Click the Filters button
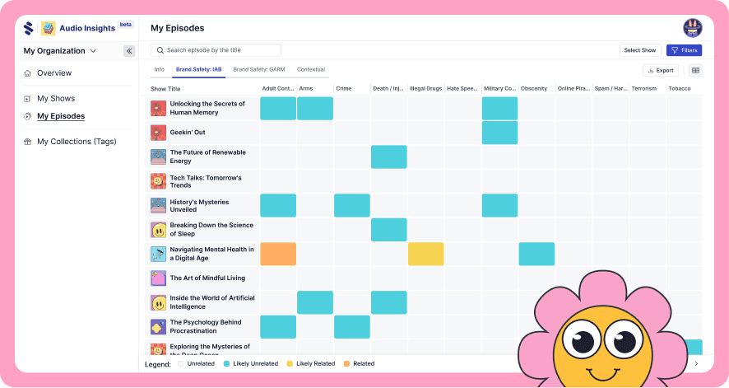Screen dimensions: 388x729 point(684,50)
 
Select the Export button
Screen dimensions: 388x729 point(661,71)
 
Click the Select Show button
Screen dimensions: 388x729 point(639,50)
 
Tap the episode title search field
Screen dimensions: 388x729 point(216,50)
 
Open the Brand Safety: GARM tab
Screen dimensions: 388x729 point(258,70)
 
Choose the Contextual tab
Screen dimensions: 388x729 point(311,70)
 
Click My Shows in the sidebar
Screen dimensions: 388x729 point(56,99)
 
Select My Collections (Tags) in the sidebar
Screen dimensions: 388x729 point(77,142)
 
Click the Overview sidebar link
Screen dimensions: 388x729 point(54,73)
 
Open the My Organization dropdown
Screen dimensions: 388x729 point(60,51)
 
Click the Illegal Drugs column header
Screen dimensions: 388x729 point(425,89)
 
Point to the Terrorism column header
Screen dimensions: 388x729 point(644,89)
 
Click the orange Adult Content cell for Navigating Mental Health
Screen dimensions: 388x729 point(278,254)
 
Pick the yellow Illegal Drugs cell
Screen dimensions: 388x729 point(425,254)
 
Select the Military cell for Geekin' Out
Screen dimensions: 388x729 point(499,133)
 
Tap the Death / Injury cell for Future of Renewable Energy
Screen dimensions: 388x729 point(388,157)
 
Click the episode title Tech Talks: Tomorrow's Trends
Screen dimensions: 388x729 point(206,181)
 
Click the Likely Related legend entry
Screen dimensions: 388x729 point(315,363)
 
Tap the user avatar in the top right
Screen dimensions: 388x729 point(692,28)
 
